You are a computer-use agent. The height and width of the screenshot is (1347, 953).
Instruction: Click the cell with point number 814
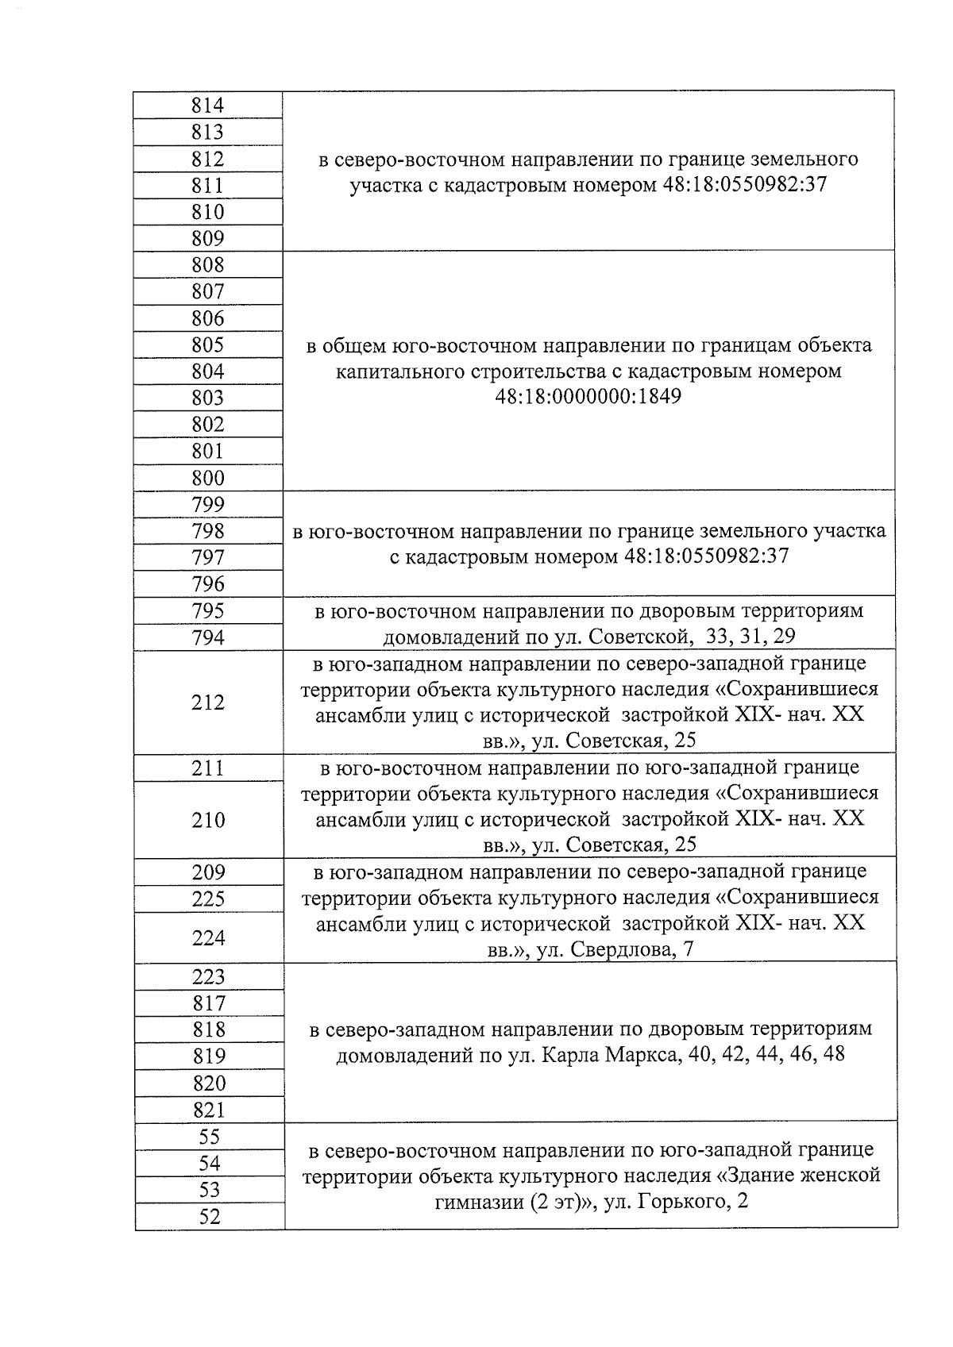click(x=208, y=106)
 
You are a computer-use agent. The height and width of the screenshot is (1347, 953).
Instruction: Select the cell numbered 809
click(x=208, y=238)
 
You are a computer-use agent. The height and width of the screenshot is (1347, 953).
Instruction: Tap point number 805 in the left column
click(x=208, y=344)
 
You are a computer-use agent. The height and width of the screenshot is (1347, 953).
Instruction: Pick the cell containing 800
click(x=208, y=478)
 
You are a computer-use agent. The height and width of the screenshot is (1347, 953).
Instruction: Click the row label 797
click(x=208, y=557)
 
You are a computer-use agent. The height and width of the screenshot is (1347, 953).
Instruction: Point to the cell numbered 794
click(x=208, y=637)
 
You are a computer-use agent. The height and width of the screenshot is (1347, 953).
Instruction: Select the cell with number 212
click(x=208, y=702)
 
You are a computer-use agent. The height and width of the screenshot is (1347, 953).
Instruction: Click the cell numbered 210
click(x=208, y=819)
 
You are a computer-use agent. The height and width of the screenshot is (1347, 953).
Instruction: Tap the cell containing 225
click(x=208, y=899)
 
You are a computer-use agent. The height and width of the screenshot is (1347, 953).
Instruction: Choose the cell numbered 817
click(x=208, y=1003)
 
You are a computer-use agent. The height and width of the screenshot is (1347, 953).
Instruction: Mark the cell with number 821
click(x=208, y=1110)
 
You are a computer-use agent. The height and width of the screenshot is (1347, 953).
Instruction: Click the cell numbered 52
click(x=208, y=1216)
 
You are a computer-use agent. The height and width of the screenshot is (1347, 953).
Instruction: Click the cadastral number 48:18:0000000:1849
click(x=588, y=396)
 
